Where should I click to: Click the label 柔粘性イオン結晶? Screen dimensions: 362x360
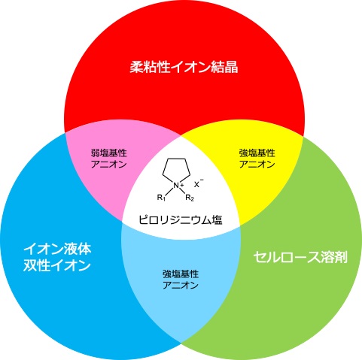pyautogui.click(x=184, y=67)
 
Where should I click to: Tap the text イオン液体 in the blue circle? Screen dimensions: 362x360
pyautogui.click(x=57, y=249)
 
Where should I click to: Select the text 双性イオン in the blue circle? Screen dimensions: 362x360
pyautogui.click(x=56, y=265)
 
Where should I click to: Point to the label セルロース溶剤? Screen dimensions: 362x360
pyautogui.click(x=300, y=257)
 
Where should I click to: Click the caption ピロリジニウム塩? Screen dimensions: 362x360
pyautogui.click(x=181, y=220)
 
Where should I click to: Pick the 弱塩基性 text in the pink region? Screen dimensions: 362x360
pyautogui.click(x=108, y=153)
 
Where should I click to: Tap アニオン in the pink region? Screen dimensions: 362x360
pyautogui.click(x=108, y=165)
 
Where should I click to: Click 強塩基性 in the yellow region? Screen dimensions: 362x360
pyautogui.click(x=257, y=153)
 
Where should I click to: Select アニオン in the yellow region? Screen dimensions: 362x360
pyautogui.click(x=257, y=165)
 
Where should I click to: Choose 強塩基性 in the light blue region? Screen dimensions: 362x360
pyautogui.click(x=181, y=274)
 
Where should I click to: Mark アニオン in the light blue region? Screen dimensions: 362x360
pyautogui.click(x=181, y=286)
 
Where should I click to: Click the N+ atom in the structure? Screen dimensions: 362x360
pyautogui.click(x=178, y=186)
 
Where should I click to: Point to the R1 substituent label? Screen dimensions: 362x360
pyautogui.click(x=161, y=198)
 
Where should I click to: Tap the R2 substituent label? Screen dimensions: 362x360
pyautogui.click(x=190, y=198)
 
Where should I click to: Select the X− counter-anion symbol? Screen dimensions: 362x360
pyautogui.click(x=199, y=183)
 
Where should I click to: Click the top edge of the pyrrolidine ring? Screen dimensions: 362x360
pyautogui.click(x=177, y=159)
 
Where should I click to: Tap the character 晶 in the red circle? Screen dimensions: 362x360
pyautogui.click(x=231, y=67)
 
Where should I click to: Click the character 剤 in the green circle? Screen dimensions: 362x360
pyautogui.click(x=341, y=257)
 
